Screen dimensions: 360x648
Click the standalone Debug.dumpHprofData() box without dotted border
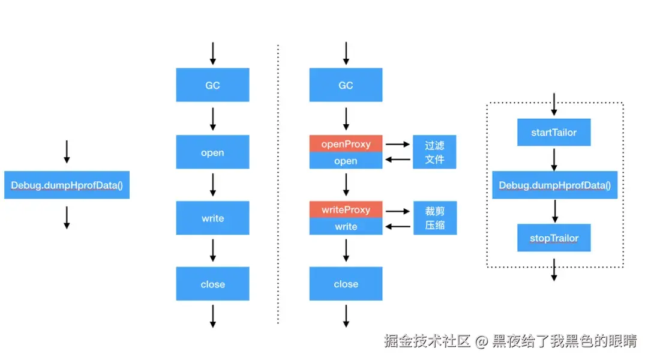pos(67,185)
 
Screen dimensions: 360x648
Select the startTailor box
pos(554,133)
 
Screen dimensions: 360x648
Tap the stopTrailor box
pos(554,238)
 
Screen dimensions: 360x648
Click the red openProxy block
pos(346,144)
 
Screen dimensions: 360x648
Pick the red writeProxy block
pos(346,210)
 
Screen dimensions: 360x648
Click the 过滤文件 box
pos(434,152)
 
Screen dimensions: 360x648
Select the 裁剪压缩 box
pos(434,218)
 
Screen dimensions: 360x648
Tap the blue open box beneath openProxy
pos(346,161)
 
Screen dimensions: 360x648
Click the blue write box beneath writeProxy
pos(346,227)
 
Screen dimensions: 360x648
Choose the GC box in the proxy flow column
pos(346,85)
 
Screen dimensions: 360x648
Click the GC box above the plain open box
pos(212,85)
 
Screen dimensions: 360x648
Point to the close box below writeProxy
pos(346,284)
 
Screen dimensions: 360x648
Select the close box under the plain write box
pos(212,284)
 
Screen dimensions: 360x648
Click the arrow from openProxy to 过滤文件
pos(397,144)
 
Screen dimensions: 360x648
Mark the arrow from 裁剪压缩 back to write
pos(397,227)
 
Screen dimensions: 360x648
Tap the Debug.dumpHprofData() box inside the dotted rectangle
pos(554,185)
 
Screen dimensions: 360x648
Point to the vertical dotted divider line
pos(278,180)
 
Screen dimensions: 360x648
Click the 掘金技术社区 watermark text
pos(427,341)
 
